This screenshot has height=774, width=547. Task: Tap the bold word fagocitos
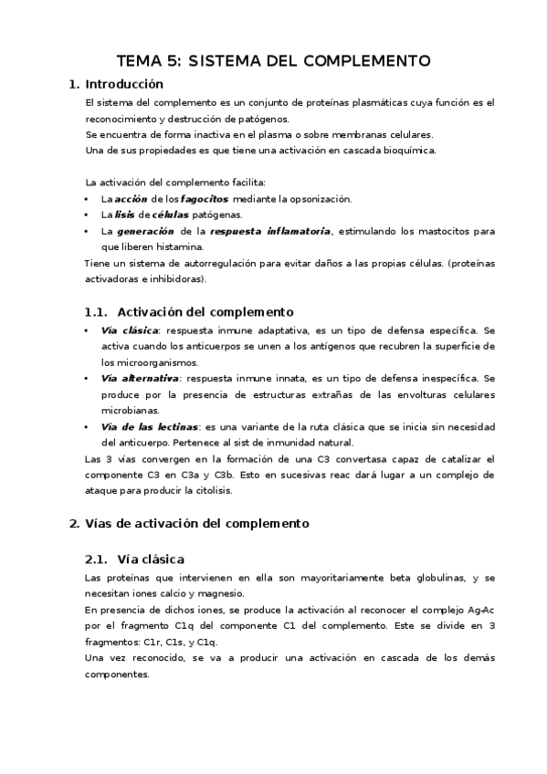(205, 198)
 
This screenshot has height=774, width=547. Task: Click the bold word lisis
(125, 214)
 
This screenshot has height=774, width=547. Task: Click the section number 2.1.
(96, 559)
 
